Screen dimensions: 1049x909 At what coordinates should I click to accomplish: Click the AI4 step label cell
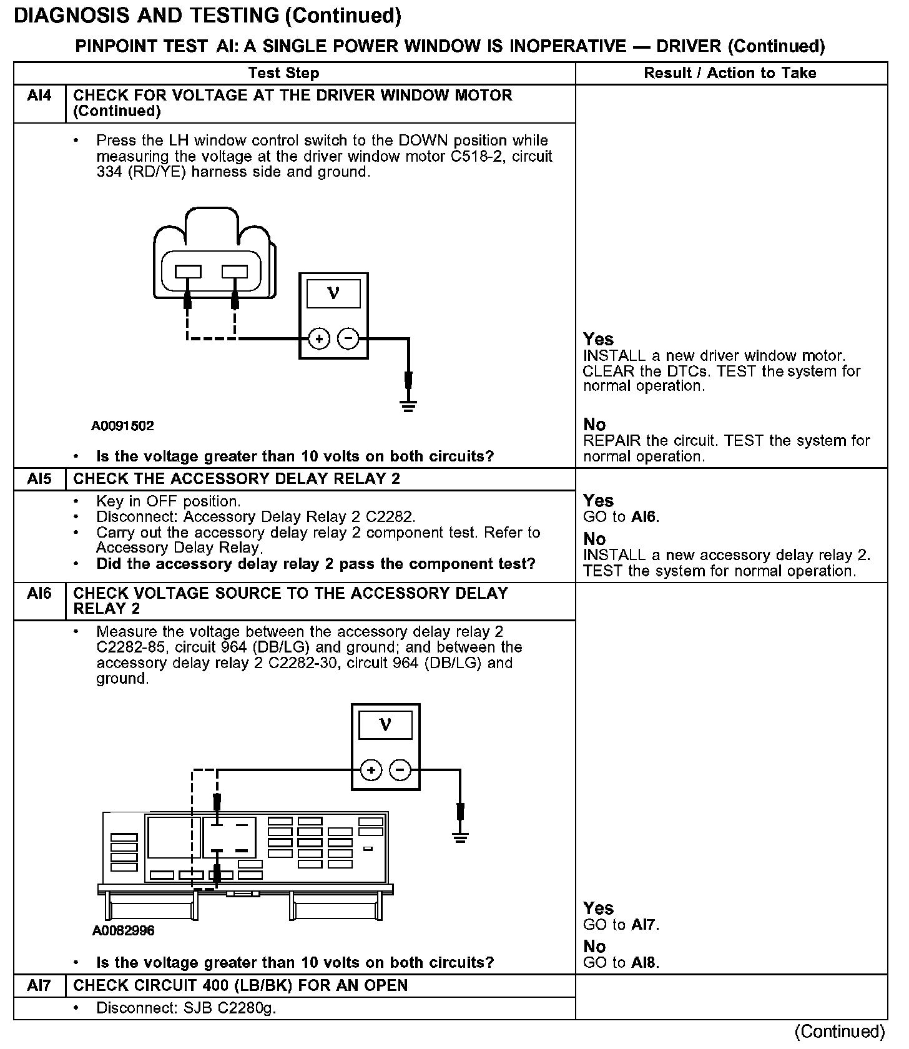point(39,96)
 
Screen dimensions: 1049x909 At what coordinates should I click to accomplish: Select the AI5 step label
point(39,480)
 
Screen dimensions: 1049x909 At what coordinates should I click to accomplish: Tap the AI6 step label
point(39,593)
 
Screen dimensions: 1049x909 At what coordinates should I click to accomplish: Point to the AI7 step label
point(39,985)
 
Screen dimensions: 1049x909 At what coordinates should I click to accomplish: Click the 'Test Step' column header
point(283,73)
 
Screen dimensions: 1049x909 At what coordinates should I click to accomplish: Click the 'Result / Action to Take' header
point(730,73)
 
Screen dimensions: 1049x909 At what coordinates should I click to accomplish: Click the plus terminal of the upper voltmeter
point(319,339)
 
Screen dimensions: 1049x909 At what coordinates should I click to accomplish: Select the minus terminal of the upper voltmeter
point(348,339)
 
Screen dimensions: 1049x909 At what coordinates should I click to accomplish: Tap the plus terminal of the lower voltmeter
point(371,770)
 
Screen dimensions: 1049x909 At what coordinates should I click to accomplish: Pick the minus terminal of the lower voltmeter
point(400,770)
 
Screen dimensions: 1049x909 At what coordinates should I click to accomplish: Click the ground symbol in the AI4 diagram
point(408,406)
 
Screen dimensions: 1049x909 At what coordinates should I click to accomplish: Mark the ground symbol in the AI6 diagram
point(460,837)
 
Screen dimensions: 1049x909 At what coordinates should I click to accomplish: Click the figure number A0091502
point(122,426)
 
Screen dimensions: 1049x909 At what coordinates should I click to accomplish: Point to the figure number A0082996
point(123,930)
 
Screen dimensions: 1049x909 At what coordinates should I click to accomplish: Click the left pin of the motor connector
point(188,272)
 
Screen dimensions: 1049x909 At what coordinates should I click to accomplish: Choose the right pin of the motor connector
point(235,272)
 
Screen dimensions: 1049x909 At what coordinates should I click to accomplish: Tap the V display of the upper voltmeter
point(333,293)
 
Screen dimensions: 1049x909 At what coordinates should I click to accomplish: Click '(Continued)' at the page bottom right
point(840,1031)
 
